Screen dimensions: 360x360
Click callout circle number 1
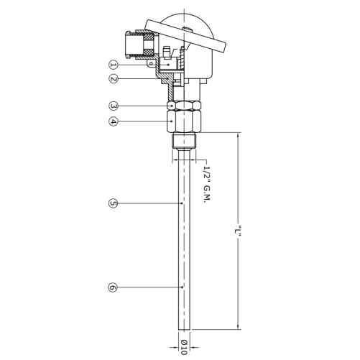click(x=114, y=65)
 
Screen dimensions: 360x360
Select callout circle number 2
click(x=114, y=78)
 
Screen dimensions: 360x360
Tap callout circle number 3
click(x=114, y=106)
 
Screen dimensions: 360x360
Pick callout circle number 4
click(x=114, y=121)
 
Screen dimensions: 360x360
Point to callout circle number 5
click(x=114, y=203)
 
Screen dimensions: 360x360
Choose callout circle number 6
click(x=114, y=287)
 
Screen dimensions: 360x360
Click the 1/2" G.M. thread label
click(x=206, y=184)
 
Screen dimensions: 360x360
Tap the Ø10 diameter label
click(x=184, y=347)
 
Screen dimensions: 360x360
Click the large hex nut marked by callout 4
click(x=184, y=121)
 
